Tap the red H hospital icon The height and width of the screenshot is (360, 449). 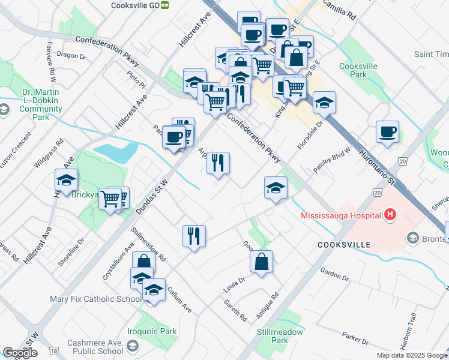coord(391,214)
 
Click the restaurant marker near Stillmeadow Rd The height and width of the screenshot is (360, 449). coord(194,236)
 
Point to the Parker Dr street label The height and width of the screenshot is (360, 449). coord(355,337)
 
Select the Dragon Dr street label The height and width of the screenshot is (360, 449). coord(71,54)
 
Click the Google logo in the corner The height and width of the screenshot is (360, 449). coord(20,353)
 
